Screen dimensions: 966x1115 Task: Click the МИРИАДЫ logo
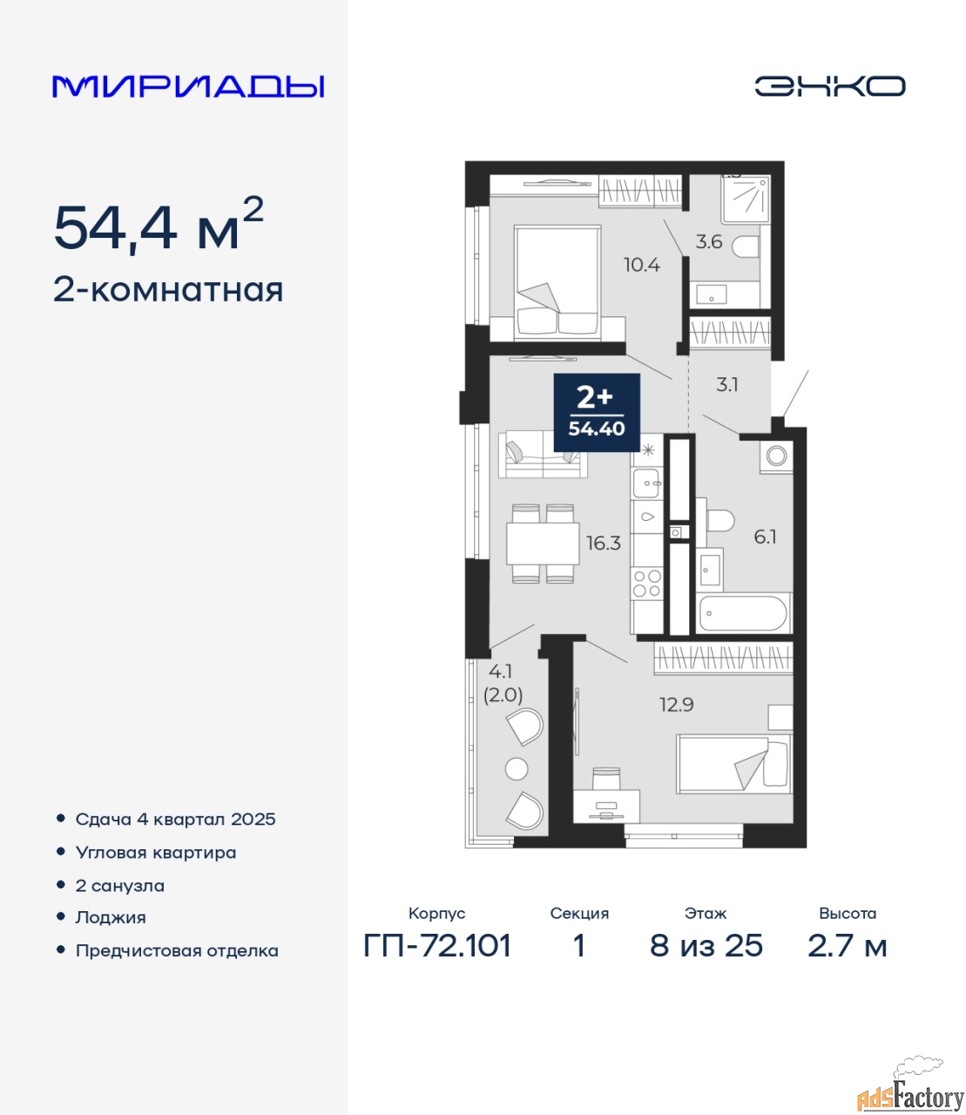tap(188, 86)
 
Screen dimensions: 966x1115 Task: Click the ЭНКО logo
tap(829, 86)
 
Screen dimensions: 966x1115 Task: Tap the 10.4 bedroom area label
tap(642, 265)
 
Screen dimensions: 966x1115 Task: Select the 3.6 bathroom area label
tap(709, 241)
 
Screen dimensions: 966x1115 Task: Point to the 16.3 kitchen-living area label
tap(605, 543)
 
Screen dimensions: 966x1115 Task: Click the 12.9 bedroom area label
tap(677, 705)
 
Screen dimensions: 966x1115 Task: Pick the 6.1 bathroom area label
tap(765, 537)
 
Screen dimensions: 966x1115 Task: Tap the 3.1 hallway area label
tap(726, 385)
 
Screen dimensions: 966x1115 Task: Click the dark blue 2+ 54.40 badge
tap(597, 413)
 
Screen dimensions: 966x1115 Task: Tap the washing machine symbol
tap(776, 456)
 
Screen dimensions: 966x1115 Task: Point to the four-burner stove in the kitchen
tap(647, 583)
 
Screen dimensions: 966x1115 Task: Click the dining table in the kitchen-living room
tap(543, 544)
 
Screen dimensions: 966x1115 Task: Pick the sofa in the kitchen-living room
tap(543, 454)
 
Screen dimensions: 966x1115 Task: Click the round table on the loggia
tap(517, 769)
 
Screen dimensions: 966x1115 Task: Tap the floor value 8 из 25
tap(706, 947)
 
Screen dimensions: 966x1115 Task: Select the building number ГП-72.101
tap(437, 947)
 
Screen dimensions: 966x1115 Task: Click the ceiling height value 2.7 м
tap(847, 947)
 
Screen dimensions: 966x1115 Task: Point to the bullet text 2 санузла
tap(119, 886)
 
